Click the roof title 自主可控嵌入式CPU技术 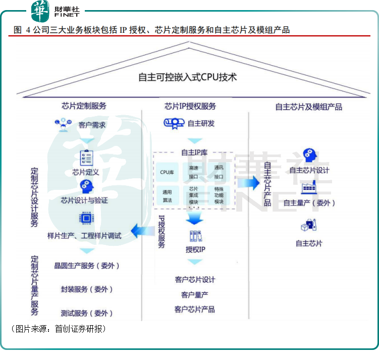coord(187,77)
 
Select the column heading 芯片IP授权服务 coord(190,106)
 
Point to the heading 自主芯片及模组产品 coord(308,107)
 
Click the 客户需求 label coord(92,125)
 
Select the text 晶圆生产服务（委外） coord(87,266)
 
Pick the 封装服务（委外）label coord(87,289)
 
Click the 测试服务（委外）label coord(87,313)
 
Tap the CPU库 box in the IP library coord(167,173)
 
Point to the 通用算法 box coord(167,196)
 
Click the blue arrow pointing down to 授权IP coord(194,218)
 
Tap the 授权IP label coord(195,249)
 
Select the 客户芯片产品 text coord(195,309)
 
